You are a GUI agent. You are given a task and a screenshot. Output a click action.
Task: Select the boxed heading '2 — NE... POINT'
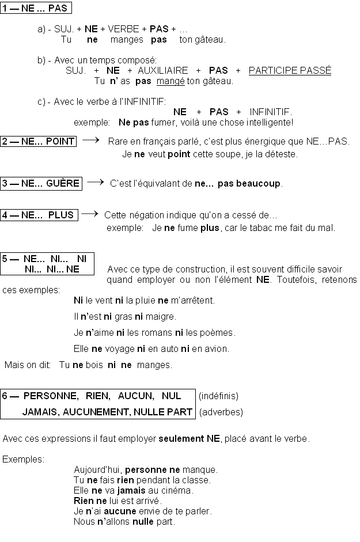pos(39,141)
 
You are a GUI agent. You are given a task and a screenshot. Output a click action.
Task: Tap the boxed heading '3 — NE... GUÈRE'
pos(41,184)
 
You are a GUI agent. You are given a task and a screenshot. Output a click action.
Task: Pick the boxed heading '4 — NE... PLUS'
pos(39,215)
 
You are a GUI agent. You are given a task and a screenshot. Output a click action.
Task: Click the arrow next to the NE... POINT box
pos(91,140)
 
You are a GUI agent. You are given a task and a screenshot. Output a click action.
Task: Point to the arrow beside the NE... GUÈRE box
pos(95,182)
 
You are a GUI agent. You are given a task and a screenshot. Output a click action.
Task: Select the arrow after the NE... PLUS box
pos(89,214)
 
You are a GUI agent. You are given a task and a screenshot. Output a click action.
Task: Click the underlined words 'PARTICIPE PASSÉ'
pos(290,70)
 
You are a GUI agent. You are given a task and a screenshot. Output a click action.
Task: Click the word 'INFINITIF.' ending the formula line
pos(271,112)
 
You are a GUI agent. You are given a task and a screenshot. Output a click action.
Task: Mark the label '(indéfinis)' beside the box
pos(218,396)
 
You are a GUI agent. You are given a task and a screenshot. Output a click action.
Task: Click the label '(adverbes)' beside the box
pos(221,412)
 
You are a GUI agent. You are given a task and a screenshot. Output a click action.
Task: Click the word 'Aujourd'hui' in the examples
pos(98,469)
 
